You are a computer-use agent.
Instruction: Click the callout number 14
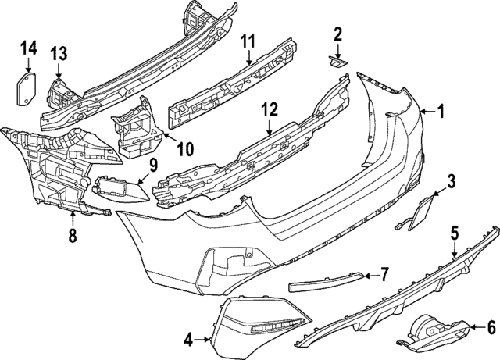click(29, 48)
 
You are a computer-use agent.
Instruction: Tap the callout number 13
click(59, 53)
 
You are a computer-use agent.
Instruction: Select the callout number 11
click(248, 41)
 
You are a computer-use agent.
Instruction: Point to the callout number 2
click(337, 34)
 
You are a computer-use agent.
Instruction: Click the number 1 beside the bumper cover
click(441, 112)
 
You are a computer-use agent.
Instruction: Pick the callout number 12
click(270, 109)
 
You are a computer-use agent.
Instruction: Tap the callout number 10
click(186, 148)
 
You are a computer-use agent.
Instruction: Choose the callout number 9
click(153, 166)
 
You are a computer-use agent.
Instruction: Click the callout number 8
click(73, 235)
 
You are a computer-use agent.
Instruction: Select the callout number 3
click(451, 181)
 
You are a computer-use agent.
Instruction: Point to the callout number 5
click(455, 233)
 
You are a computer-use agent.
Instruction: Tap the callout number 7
click(384, 274)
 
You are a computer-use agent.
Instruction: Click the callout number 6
click(491, 327)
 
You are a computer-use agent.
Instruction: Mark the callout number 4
click(189, 340)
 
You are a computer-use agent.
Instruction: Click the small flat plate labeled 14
click(26, 89)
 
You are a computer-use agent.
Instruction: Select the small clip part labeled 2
click(337, 62)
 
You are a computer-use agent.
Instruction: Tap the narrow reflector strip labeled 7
click(326, 282)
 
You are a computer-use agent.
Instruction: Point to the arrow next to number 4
click(202, 340)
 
